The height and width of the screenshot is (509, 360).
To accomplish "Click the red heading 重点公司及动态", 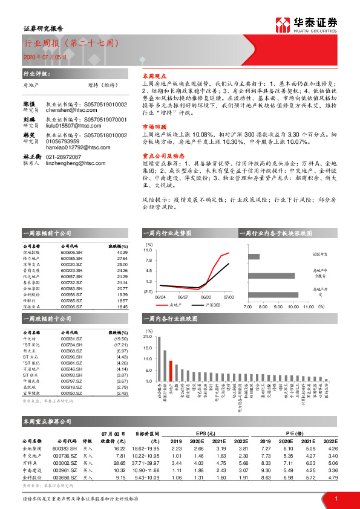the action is (159, 155).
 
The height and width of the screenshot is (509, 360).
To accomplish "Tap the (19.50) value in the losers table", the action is (120, 339).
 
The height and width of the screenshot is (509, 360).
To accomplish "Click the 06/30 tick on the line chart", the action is (206, 297).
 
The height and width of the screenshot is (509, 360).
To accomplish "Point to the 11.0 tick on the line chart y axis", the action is (148, 250).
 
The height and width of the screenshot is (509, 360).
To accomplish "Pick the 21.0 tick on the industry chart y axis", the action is (148, 336).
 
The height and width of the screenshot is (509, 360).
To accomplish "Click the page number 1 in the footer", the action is (335, 498).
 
